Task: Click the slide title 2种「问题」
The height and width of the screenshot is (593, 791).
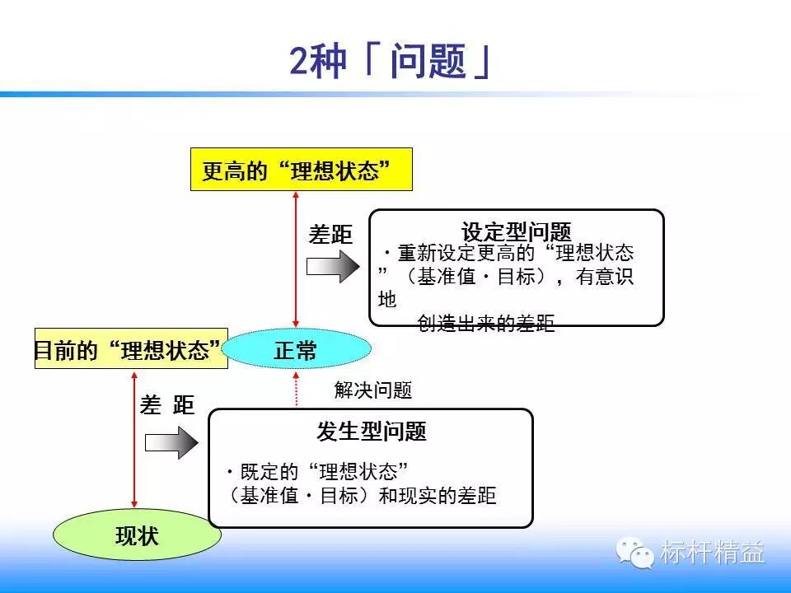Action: coord(392,61)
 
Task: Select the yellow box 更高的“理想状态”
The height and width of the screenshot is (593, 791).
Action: coord(301,170)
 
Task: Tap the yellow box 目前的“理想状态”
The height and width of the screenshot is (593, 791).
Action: coord(130,349)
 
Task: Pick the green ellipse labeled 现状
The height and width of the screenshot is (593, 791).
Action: coord(137,536)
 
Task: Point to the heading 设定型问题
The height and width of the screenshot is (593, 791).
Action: coord(516,231)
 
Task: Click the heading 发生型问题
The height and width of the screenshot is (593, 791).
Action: coord(371,430)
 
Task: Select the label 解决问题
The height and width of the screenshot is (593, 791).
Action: coord(372,390)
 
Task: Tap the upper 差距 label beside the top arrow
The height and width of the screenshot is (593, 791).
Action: coord(330,235)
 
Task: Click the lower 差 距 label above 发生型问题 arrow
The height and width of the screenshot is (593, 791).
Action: coord(167,405)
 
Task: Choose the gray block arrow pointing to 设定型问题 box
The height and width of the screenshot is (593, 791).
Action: coord(333,268)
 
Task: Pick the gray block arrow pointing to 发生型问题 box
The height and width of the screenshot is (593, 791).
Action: coord(171,442)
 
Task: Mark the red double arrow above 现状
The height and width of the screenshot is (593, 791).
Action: coord(134,441)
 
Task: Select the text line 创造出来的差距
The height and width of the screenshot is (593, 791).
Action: coord(486,324)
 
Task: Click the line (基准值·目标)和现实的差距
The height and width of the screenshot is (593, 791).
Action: coord(363,496)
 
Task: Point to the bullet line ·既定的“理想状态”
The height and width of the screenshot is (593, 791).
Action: coord(317,472)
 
